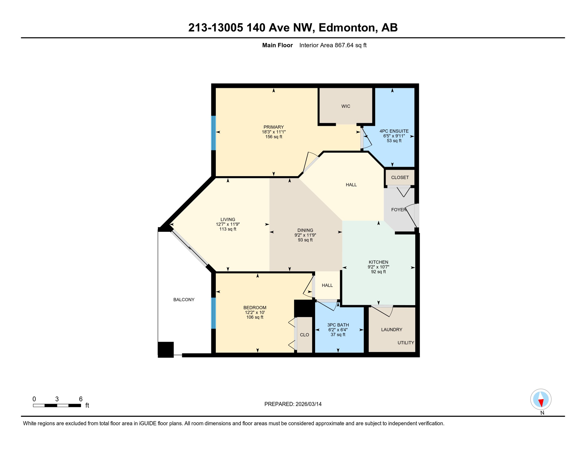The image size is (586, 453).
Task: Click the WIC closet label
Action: tap(345, 106)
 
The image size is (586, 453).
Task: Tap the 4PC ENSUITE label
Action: tap(394, 131)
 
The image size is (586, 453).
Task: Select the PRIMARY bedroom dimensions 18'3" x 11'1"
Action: tap(274, 132)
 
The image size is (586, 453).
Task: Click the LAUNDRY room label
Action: tap(391, 329)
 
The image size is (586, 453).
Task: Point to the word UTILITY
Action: tap(406, 343)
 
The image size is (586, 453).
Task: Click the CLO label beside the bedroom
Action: tap(304, 335)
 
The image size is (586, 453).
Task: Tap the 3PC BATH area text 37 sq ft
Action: tap(338, 335)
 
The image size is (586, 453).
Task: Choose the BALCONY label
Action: tap(184, 300)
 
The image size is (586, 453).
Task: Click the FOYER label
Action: tap(399, 210)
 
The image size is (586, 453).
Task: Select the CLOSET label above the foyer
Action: tap(400, 178)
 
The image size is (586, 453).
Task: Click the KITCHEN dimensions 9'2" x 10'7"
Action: tap(378, 267)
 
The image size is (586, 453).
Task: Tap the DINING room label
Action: tap(305, 230)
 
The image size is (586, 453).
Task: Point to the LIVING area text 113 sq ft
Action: tap(228, 229)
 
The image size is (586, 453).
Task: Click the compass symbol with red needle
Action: tap(541, 399)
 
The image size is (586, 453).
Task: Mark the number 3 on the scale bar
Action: tap(57, 399)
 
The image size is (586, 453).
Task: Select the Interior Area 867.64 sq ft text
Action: tap(332, 45)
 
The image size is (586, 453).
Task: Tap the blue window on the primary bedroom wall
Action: tap(213, 133)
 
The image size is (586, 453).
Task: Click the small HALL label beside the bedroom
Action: tap(327, 285)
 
